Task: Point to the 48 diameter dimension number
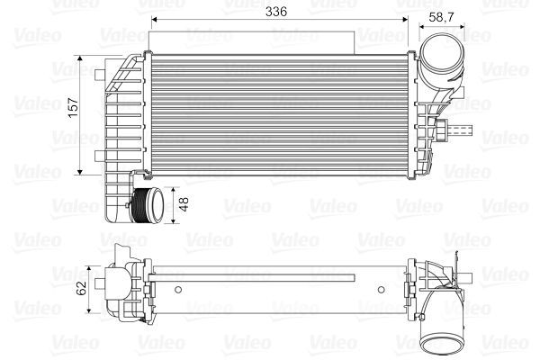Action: coord(184,204)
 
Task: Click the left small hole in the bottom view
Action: coord(179,289)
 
